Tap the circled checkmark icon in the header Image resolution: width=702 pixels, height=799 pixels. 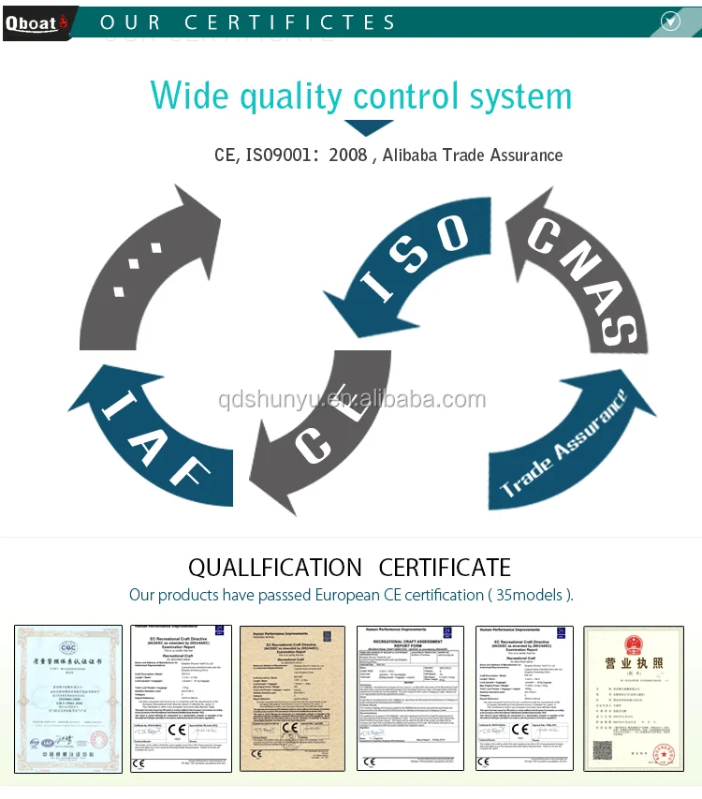click(670, 21)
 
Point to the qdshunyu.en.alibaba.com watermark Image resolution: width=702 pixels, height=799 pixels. click(351, 400)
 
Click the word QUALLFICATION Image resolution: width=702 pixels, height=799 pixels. click(274, 568)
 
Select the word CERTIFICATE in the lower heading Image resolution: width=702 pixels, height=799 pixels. click(445, 568)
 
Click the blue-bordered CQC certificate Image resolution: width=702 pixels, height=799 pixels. click(68, 699)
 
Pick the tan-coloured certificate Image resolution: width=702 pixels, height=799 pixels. click(293, 699)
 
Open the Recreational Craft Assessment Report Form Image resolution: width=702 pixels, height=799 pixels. click(410, 699)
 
